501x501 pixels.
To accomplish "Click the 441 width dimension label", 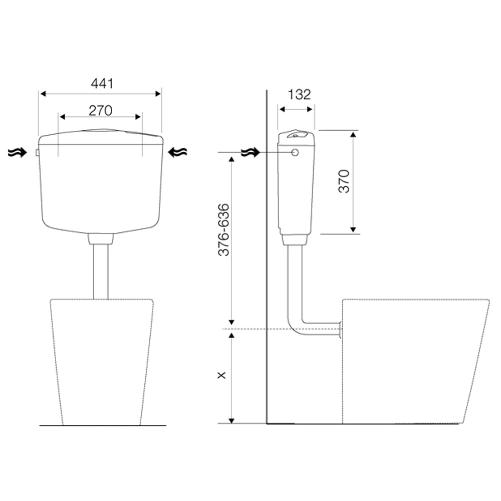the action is coord(102,83).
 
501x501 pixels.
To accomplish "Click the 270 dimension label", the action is coord(100,111).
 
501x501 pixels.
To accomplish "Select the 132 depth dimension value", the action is coord(299,95).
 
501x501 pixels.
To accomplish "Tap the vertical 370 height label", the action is coord(344,181).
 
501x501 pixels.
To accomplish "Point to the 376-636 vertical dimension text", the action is coord(223,230).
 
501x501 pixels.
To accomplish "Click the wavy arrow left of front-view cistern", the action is coord(17,153).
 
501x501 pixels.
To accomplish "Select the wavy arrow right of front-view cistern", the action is coord(177,152).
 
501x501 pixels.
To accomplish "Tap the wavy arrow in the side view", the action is coord(250,153).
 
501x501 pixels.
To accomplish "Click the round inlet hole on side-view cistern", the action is coord(295,152).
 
